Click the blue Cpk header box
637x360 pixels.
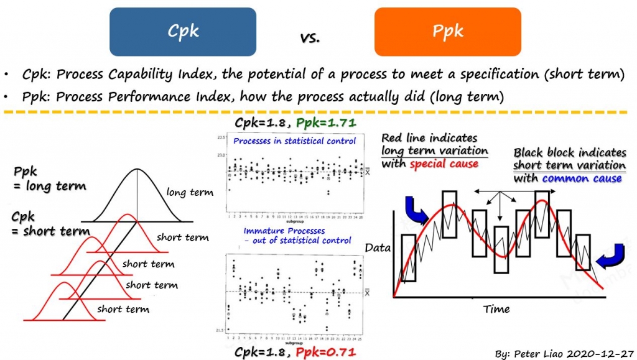[182, 32]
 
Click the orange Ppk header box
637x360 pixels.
[447, 32]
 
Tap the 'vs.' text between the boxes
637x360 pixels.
[310, 37]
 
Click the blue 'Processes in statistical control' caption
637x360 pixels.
[294, 141]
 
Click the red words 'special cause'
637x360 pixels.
[444, 164]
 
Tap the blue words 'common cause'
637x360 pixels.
[582, 178]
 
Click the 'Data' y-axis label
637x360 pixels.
[378, 248]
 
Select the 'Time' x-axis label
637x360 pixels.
[496, 309]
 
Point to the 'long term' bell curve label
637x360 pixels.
[190, 193]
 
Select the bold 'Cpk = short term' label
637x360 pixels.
[50, 224]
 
